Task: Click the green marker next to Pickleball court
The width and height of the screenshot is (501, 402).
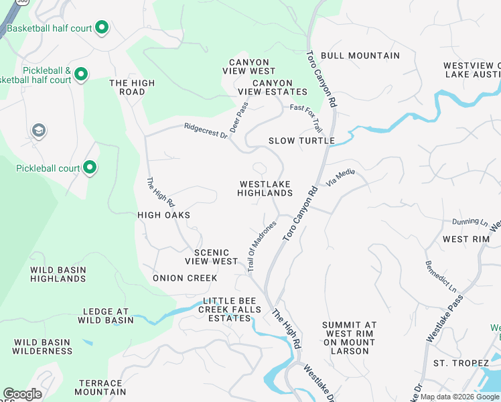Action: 90,168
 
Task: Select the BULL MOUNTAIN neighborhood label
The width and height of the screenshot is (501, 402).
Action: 360,56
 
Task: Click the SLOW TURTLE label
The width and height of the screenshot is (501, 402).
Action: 301,141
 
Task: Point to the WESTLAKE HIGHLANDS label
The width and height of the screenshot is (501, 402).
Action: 265,188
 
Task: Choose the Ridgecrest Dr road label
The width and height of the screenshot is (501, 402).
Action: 206,130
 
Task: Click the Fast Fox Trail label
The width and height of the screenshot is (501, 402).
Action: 307,117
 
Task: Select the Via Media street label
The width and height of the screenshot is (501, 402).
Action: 340,176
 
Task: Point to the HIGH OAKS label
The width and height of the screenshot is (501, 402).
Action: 164,215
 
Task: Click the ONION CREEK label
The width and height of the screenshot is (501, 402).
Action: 185,278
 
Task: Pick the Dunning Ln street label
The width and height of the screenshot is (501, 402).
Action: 470,221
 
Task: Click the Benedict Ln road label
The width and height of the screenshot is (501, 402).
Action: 441,277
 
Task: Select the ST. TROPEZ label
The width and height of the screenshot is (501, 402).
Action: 461,363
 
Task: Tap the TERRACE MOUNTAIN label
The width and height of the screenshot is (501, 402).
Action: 99,387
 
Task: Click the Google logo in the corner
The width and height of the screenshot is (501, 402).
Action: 21,394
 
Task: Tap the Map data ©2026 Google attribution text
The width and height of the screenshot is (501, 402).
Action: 459,397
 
